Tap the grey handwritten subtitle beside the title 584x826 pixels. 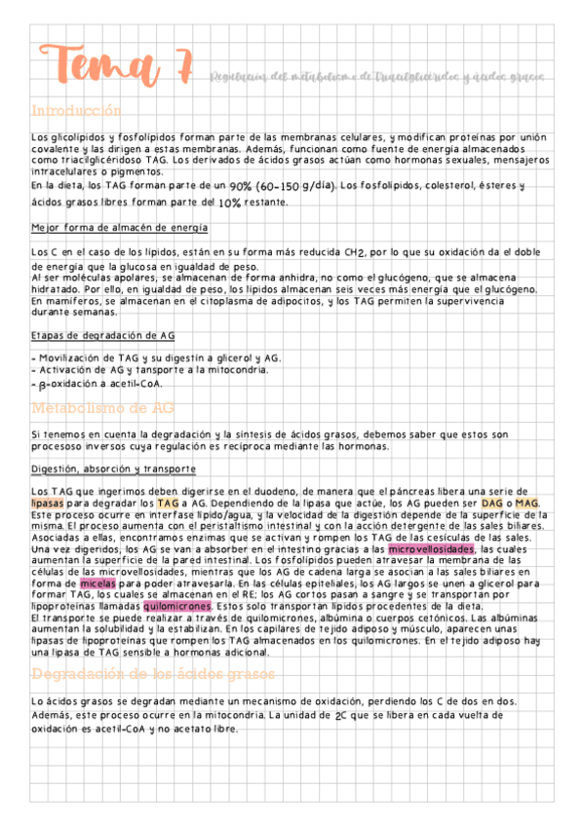377,75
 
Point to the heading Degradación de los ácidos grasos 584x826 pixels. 155,674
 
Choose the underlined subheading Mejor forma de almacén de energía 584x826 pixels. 119,228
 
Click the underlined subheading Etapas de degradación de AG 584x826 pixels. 104,335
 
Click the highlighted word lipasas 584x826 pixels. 48,503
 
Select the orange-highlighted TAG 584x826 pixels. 168,503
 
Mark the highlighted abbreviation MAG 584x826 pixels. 527,503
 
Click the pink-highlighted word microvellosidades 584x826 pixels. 431,549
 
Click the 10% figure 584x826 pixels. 230,204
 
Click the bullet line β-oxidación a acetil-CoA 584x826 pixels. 96,383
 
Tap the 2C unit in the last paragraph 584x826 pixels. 340,716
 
